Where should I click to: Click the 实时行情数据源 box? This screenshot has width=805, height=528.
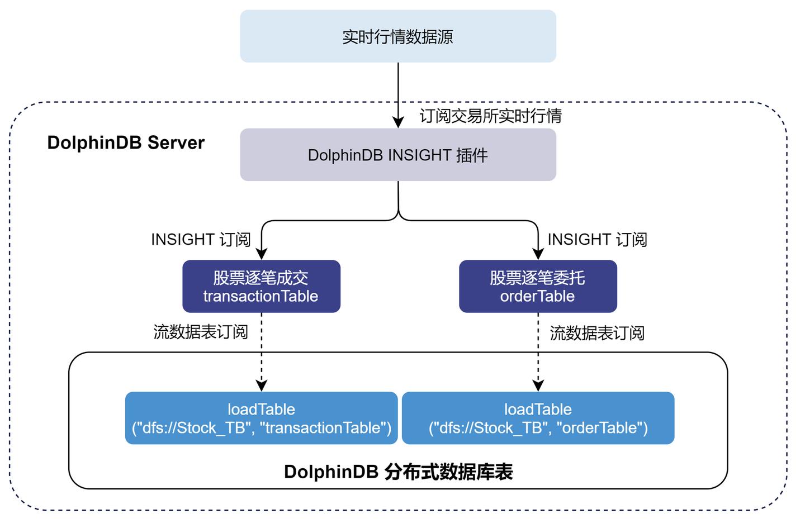point(398,36)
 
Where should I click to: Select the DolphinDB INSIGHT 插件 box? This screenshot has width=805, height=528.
point(398,155)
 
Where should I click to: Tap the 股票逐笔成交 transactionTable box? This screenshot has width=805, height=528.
point(261,286)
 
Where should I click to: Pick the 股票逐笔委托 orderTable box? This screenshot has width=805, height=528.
point(538,286)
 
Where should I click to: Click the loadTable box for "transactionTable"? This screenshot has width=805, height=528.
point(261,418)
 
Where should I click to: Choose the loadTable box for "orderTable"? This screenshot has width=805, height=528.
point(538,418)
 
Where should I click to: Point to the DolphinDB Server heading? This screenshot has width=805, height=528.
point(126,142)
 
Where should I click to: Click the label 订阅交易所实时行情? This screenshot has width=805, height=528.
point(490,116)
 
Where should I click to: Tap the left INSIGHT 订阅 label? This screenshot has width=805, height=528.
point(201,239)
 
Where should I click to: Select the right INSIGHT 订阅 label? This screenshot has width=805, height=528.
point(597,239)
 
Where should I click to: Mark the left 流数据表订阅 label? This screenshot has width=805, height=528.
point(201,332)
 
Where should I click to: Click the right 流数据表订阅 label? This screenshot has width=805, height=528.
point(597,333)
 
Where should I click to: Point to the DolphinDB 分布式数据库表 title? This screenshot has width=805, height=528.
point(398,472)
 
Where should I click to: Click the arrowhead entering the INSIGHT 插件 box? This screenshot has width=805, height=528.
point(398,122)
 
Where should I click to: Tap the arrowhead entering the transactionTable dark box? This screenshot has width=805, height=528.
point(261,254)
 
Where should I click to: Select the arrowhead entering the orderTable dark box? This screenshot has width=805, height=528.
point(538,254)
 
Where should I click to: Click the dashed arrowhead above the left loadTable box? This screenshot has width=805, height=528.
point(261,386)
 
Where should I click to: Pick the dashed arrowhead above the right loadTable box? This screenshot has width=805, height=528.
point(538,386)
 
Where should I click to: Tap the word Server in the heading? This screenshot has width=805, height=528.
point(176,142)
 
